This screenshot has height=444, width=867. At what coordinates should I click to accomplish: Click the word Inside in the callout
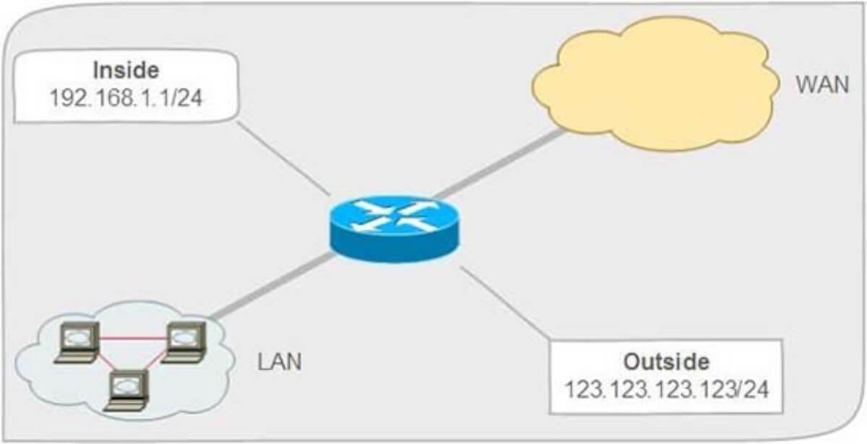pos(126,70)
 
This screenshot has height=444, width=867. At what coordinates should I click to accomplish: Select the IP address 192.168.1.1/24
pos(126,97)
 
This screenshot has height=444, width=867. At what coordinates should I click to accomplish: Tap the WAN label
pos(822,84)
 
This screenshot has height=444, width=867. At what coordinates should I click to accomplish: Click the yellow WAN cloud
pos(655,84)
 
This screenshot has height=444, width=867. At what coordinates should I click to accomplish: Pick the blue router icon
pos(394,229)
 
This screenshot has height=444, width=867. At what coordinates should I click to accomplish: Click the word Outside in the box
pos(666,362)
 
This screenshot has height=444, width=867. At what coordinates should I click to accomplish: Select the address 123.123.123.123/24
pos(666,389)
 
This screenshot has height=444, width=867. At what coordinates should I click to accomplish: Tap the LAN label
pos(280,362)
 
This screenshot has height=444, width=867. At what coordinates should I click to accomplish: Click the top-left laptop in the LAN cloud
pos(77,342)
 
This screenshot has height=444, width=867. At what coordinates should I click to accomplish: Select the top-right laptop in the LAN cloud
pos(184,342)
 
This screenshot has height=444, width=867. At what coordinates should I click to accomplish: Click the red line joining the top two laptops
pos(133,339)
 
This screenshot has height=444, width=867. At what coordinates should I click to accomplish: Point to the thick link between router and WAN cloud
pos(499,164)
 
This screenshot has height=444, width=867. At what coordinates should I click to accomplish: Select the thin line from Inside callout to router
pos(283,158)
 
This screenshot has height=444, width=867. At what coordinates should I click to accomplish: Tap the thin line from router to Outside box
pos(505,304)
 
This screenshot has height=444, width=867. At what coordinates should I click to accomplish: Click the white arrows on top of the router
pos(394,217)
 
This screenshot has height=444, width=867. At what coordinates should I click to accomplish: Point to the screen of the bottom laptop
pos(126,386)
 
